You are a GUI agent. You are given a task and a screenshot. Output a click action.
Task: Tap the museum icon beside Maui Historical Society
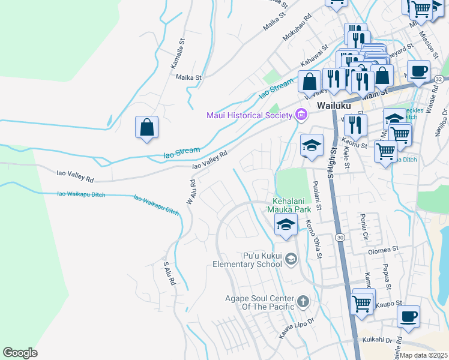click(301, 114)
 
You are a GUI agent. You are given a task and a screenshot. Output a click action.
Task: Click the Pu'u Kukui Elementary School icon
click(291, 259)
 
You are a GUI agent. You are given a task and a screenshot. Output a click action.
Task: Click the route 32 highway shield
click(439, 79)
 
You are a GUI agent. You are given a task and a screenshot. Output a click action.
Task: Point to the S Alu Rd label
click(169, 273)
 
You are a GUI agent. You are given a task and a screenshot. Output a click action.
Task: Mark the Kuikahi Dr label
click(377, 339)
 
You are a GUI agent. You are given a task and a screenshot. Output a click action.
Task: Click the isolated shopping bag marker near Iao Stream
click(146, 127)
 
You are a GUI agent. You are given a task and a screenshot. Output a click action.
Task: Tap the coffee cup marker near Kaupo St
click(409, 316)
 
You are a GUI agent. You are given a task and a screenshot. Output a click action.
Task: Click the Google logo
click(20, 353)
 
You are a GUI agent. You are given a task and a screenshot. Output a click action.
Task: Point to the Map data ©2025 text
click(423, 355)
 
